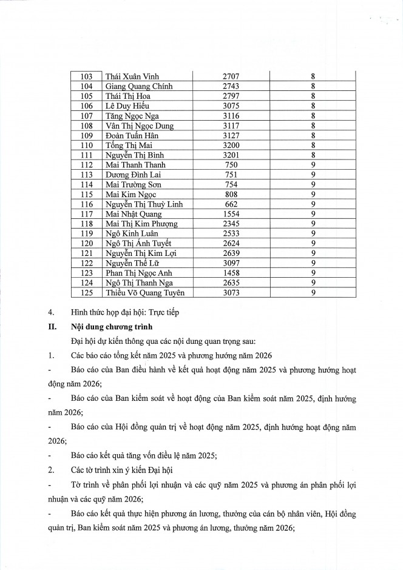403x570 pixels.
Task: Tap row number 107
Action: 86,116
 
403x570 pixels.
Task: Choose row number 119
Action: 86,233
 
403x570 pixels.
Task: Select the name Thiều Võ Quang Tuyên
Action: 144,293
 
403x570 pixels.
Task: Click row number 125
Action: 86,293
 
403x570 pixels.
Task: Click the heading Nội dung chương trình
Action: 110,326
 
